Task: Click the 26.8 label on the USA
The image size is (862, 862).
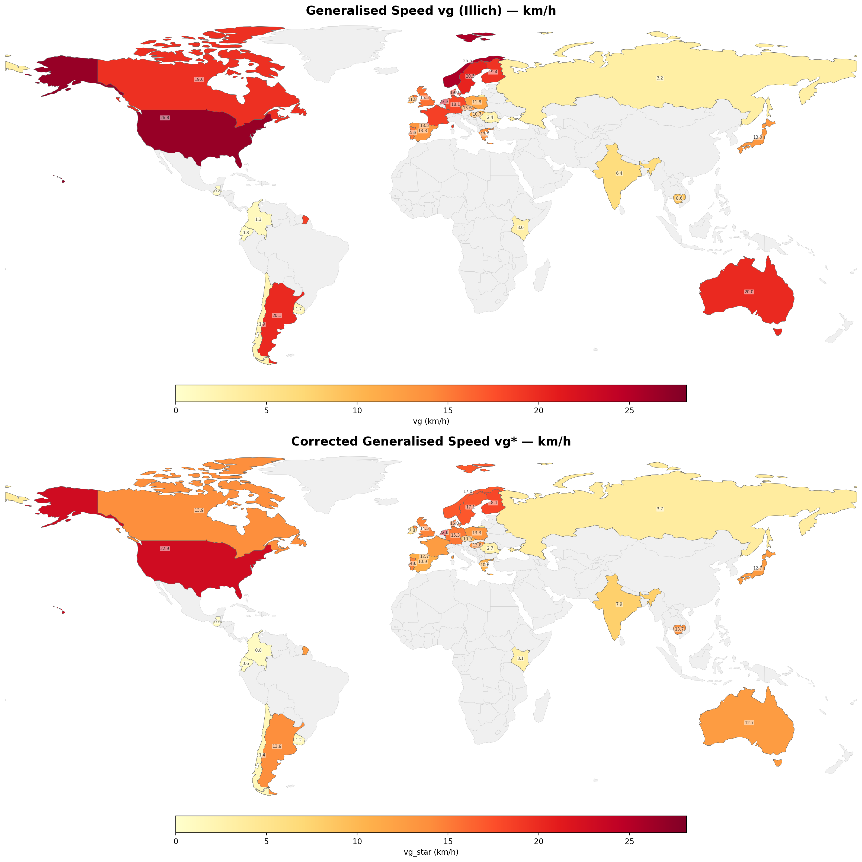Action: [165, 118]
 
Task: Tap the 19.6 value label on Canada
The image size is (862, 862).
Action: [199, 79]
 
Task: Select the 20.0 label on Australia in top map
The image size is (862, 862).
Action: [749, 292]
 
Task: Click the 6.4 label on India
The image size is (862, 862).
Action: [619, 173]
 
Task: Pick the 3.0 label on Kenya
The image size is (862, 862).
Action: [520, 228]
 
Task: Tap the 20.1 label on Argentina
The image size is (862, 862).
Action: [277, 316]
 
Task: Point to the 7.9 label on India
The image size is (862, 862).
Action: [619, 604]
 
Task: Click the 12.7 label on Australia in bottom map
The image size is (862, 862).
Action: [749, 723]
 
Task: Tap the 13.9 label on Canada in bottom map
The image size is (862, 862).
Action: [199, 510]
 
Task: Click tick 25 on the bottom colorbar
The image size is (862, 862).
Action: [629, 841]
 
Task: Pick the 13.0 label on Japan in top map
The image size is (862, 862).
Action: [758, 138]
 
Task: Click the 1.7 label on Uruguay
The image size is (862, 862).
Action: [299, 309]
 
